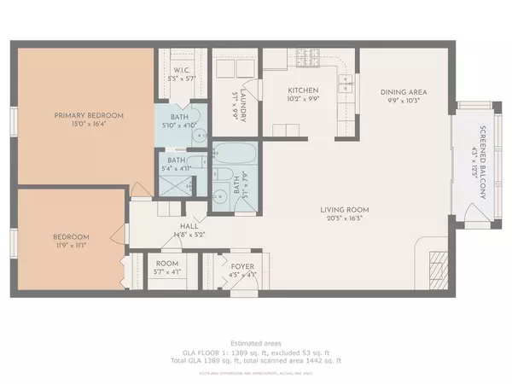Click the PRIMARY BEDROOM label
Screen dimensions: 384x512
coord(90,115)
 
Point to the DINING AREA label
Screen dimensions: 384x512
coord(403,92)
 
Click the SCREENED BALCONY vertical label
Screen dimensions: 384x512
coord(481,163)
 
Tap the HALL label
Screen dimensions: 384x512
coord(179,226)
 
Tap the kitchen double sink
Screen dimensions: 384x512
coord(346,84)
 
